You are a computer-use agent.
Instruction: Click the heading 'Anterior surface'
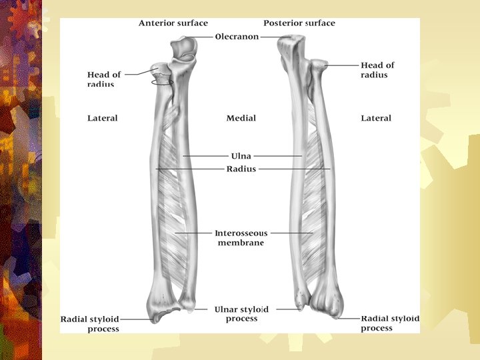[x=173, y=23]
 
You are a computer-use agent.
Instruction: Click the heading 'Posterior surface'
[x=299, y=23]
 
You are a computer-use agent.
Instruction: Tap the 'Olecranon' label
[x=237, y=37]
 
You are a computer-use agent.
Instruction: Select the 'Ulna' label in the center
[x=241, y=156]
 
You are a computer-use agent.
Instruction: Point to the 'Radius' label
[x=241, y=169]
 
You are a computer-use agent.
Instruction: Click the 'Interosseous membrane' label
[x=241, y=238]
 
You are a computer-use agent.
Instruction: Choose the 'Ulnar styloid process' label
[x=241, y=314]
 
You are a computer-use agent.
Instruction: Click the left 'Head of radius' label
[x=104, y=79]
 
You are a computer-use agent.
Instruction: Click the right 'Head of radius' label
[x=377, y=70]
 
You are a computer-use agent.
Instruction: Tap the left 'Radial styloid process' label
[x=90, y=324]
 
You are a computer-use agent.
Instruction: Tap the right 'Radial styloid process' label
[x=390, y=323]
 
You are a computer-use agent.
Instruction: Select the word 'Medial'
[x=241, y=118]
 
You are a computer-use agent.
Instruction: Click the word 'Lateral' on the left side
[x=102, y=118]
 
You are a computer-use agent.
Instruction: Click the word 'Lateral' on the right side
[x=376, y=118]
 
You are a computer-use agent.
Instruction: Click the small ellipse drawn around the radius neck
[x=162, y=83]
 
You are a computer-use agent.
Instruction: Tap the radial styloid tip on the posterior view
[x=337, y=317]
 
